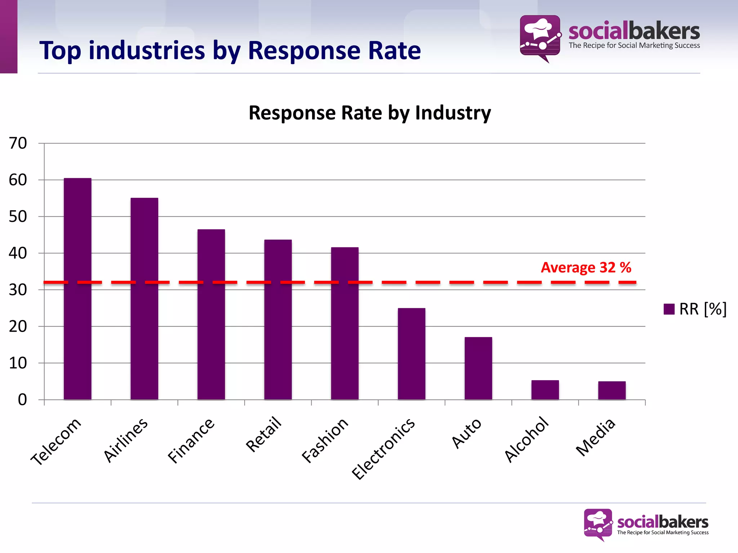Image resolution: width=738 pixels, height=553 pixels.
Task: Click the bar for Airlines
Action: point(144,299)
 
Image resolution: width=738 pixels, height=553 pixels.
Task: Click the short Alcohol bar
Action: point(545,390)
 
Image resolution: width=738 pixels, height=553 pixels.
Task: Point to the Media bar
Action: point(612,390)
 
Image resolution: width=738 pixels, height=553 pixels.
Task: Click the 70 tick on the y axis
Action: point(18,143)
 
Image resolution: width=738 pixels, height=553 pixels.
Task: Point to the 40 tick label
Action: point(18,253)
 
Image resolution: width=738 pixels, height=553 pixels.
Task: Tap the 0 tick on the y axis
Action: point(22,400)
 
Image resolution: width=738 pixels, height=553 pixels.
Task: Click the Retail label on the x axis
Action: point(263,434)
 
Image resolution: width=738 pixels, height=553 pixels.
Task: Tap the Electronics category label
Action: point(383,449)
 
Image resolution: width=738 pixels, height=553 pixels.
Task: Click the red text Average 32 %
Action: point(586,267)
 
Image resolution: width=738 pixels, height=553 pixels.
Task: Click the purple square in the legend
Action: point(669,309)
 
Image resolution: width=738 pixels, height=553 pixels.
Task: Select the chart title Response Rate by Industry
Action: point(370,113)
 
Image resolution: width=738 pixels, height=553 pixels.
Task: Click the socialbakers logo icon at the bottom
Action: point(598,523)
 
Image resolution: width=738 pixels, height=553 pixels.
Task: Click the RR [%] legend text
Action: point(703,309)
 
